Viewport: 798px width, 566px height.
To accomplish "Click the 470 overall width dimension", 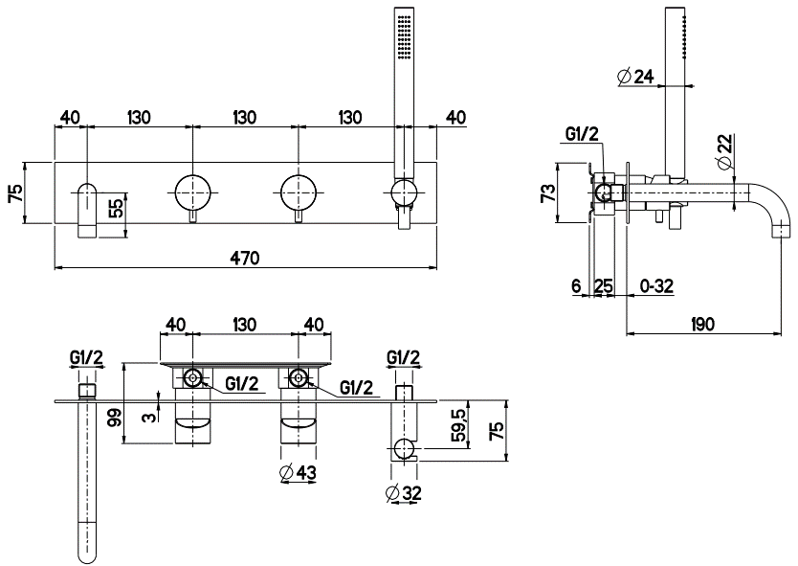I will pos(246,257).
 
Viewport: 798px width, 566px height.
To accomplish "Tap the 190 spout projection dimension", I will pos(703,325).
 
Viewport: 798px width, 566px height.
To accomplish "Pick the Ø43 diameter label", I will pos(299,472).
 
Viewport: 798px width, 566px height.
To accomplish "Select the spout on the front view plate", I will pos(88,206).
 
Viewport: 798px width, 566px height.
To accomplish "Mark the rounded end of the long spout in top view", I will pos(88,550).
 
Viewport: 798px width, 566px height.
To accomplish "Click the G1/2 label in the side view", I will pos(582,133).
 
